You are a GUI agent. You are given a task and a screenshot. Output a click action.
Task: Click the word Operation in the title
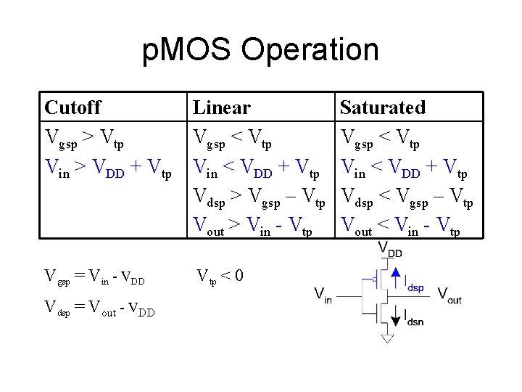pos(310,51)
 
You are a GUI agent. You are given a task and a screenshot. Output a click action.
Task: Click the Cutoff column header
pos(72,107)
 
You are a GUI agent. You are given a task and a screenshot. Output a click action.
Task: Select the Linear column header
pos(222,107)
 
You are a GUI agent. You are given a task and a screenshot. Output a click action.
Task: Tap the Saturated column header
pos(382,107)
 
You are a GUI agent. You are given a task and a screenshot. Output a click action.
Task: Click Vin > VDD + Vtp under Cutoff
pos(108,169)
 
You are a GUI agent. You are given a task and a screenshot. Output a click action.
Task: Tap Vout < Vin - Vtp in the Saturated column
pos(399,228)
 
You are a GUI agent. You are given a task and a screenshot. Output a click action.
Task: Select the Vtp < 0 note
pos(220,276)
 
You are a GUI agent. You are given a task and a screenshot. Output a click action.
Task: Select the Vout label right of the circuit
pos(449,294)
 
